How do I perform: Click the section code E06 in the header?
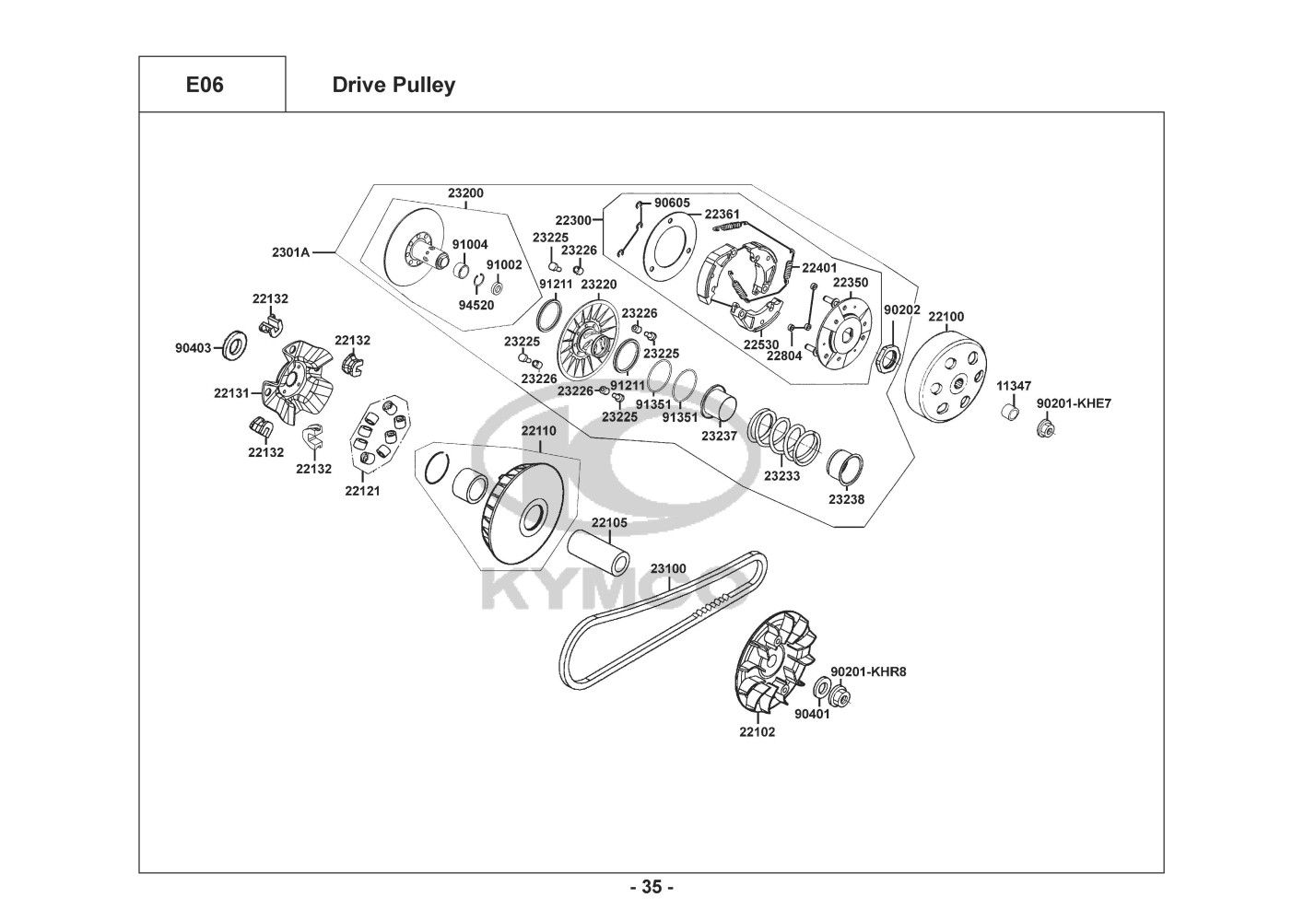coord(205,86)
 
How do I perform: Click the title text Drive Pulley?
coord(394,86)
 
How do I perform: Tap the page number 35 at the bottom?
coord(652,888)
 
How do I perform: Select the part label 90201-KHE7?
coord(1074,403)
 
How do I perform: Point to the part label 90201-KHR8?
coord(868,672)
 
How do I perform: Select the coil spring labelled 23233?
coord(783,436)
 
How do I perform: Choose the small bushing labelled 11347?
coord(1011,412)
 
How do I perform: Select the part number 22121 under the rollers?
coord(362,491)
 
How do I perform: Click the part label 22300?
coord(573,221)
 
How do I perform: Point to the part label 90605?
coord(672,203)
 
